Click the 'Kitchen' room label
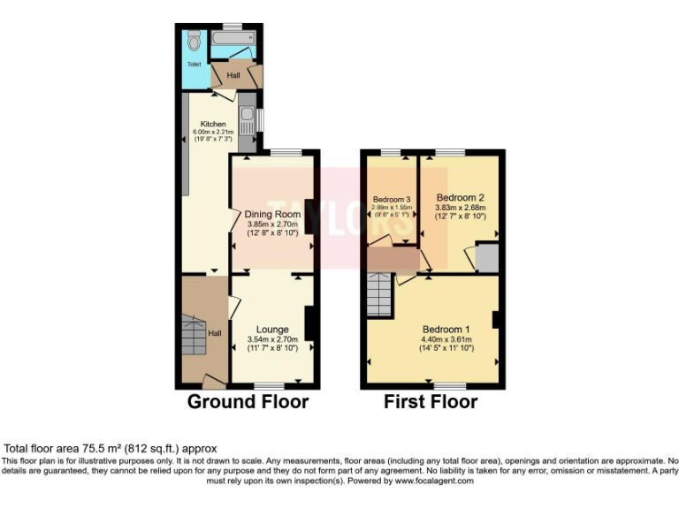click(x=213, y=124)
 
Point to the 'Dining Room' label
click(x=272, y=214)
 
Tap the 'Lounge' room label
click(x=272, y=330)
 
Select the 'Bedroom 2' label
click(x=460, y=197)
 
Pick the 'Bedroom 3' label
click(x=391, y=199)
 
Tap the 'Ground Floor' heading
click(x=248, y=402)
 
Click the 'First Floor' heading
click(x=431, y=402)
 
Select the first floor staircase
click(x=379, y=294)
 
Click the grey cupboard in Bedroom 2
click(x=485, y=258)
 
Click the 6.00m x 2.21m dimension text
click(x=212, y=133)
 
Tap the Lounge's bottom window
click(x=269, y=386)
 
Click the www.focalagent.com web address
click(x=434, y=482)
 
